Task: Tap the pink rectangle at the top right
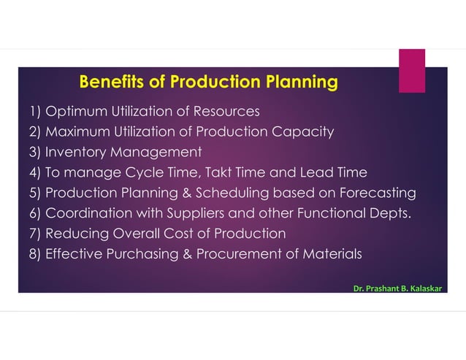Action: click(x=411, y=70)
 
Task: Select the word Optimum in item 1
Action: click(x=73, y=112)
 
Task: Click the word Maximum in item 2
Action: click(x=76, y=132)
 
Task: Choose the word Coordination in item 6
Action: click(x=85, y=214)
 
